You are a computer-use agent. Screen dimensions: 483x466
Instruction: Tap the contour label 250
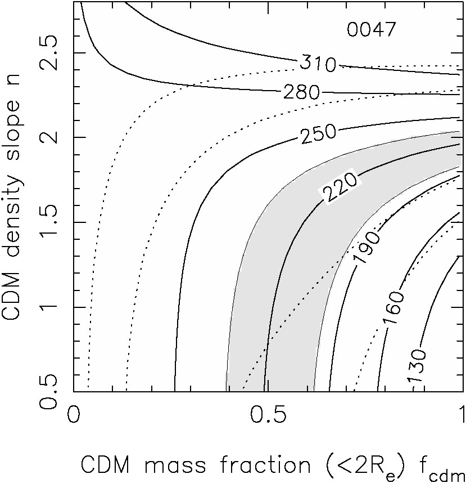(318, 133)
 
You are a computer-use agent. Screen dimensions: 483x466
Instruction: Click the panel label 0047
(372, 30)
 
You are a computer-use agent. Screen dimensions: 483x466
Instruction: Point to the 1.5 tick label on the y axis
(48, 222)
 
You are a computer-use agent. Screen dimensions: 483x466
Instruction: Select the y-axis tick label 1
(49, 307)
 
